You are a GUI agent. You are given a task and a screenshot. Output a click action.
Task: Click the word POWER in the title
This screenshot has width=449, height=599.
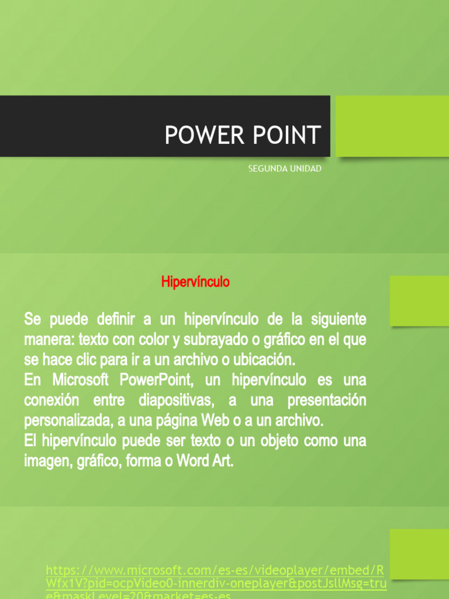coord(196,135)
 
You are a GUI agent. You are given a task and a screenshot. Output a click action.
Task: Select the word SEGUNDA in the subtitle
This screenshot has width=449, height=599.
coord(266,168)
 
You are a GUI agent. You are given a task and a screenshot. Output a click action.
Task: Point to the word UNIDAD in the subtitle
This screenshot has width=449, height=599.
coord(305,168)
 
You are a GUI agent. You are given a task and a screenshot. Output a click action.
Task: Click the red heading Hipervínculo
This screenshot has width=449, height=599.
coord(195,282)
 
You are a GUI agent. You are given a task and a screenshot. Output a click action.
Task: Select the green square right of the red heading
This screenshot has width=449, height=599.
coord(419,301)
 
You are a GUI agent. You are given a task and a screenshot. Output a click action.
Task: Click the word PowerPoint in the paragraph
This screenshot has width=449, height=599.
coord(157,380)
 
